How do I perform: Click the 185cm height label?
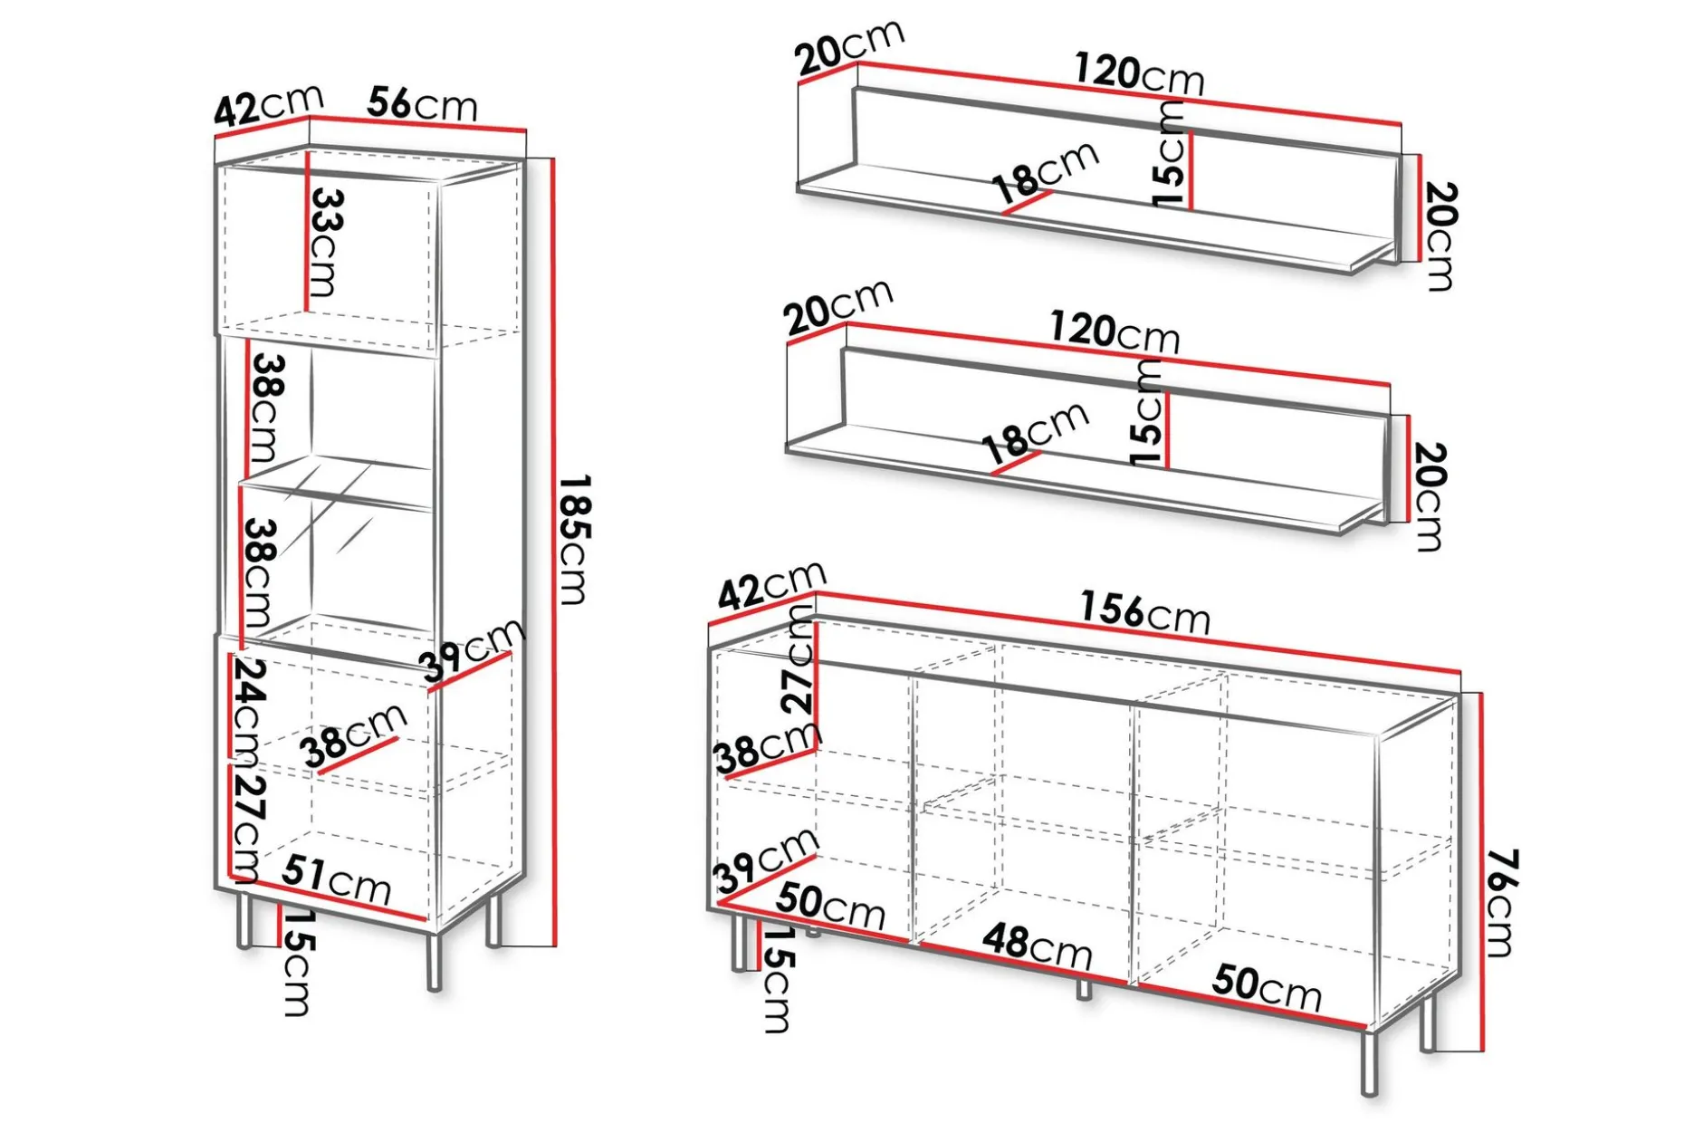click(x=573, y=539)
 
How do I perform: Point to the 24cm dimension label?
click(x=248, y=708)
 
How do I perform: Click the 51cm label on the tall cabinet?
click(x=336, y=878)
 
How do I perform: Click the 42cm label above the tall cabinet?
click(x=268, y=103)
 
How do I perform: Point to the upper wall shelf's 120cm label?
click(x=1140, y=72)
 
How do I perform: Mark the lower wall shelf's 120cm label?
click(x=1115, y=331)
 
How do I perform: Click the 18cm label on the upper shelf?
click(x=1045, y=172)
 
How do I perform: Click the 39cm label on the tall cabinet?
click(x=472, y=648)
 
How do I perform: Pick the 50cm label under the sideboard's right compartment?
click(x=1267, y=986)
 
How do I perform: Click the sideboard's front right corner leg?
click(x=1369, y=1063)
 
